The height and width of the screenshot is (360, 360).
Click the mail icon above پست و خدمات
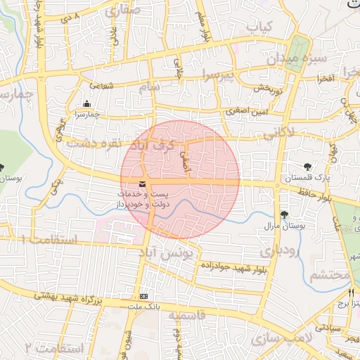click(x=143, y=184)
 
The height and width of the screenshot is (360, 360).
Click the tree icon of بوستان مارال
click(x=285, y=214)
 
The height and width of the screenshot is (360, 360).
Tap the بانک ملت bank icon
click(x=144, y=296)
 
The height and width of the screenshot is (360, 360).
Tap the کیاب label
click(x=258, y=26)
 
